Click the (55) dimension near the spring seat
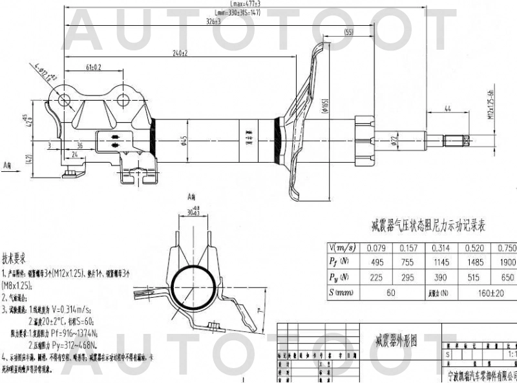pos(349,32)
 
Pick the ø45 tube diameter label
pos(184,140)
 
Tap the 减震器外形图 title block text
pos(396,340)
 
